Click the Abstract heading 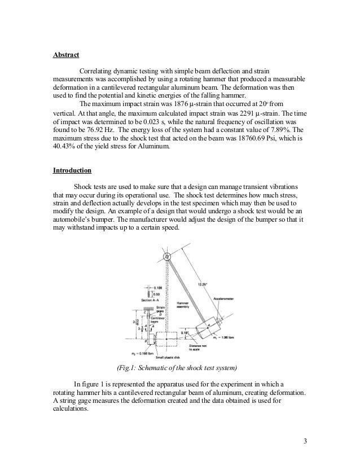66,55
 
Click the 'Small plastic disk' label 156,358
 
